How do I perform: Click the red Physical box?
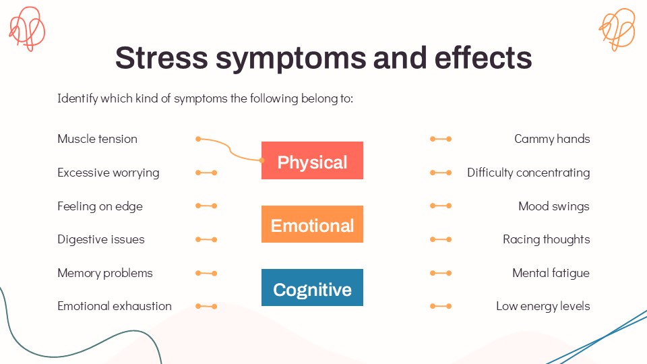tap(312, 160)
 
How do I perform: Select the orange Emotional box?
tap(312, 224)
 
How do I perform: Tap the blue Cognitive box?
tap(312, 288)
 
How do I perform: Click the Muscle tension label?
tap(97, 139)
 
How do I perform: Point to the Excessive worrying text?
tap(109, 173)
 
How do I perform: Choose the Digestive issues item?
tap(101, 239)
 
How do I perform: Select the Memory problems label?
tap(105, 273)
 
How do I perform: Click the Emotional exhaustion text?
tap(115, 306)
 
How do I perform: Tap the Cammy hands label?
tap(552, 139)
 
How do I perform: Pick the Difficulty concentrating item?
tap(528, 173)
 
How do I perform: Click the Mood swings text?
tap(554, 206)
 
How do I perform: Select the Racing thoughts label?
tap(546, 239)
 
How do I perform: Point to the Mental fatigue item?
tap(551, 273)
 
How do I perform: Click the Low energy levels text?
tap(543, 306)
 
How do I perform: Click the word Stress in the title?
tap(162, 59)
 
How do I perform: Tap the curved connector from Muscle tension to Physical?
tap(230, 148)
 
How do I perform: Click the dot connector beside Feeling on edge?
tap(206, 206)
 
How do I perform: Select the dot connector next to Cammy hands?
tap(441, 139)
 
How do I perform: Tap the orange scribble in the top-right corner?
tap(617, 28)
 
